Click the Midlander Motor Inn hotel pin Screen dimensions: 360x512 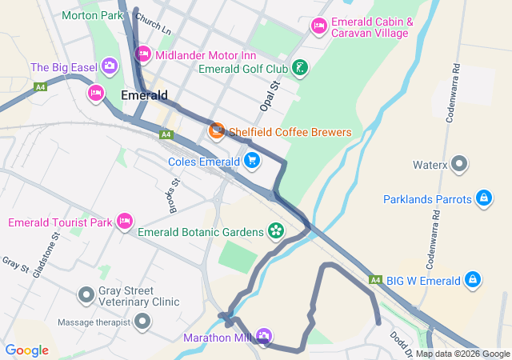tap(143, 54)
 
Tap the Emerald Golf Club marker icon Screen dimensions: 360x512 tap(298, 68)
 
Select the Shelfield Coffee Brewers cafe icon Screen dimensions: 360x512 tap(216, 131)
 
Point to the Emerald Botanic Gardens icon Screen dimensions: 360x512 tap(276, 232)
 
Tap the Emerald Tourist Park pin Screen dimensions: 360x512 tap(124, 221)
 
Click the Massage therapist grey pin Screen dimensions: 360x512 tap(142, 322)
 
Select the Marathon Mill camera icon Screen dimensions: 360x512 tap(263, 337)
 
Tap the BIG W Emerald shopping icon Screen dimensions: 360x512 tap(474, 280)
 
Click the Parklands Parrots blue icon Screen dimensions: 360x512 tap(483, 198)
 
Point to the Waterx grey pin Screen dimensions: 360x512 tap(459, 166)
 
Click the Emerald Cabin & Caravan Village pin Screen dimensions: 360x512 tap(318, 27)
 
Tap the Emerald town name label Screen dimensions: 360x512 tap(144, 94)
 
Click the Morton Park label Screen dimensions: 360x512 tap(92, 15)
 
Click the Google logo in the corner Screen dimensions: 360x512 tap(27, 350)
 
